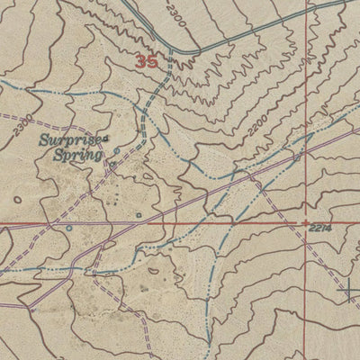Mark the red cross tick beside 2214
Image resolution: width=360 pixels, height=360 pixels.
pyautogui.click(x=306, y=221)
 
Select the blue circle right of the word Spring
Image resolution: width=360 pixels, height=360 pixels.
pyautogui.click(x=117, y=151)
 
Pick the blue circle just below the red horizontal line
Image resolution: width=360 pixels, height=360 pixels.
pyautogui.click(x=69, y=228)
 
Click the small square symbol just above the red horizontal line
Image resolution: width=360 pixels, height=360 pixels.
pyautogui.click(x=138, y=215)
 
